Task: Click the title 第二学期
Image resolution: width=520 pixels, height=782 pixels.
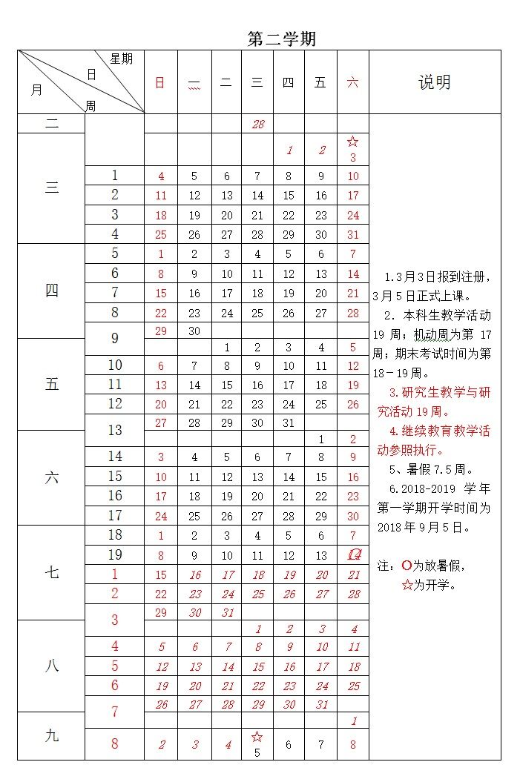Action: tap(281, 39)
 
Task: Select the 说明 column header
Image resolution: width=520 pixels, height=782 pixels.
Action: tap(434, 82)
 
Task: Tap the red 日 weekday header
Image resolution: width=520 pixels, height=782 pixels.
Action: tap(160, 82)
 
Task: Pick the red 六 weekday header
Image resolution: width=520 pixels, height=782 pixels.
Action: tap(352, 82)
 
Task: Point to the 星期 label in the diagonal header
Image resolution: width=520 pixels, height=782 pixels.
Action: tap(121, 59)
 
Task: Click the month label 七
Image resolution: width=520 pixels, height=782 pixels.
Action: tap(51, 572)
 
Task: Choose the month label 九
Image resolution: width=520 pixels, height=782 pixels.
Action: tap(51, 735)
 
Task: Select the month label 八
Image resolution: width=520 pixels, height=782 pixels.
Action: tap(51, 666)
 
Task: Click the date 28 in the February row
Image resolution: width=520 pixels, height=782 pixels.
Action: tap(257, 124)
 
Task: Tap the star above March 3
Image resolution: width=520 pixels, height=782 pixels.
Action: tap(353, 142)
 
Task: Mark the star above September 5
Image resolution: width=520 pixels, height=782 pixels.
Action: tap(257, 737)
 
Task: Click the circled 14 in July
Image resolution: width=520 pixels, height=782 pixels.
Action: tap(354, 554)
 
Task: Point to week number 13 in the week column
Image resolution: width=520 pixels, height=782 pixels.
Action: tap(115, 430)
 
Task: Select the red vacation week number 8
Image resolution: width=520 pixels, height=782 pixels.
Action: tap(115, 743)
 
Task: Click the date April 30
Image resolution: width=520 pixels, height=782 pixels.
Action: tap(194, 331)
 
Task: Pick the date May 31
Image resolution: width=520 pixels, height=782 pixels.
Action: tap(289, 423)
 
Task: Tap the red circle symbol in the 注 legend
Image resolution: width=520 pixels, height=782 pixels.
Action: tap(407, 566)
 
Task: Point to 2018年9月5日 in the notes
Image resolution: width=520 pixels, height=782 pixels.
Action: tap(415, 527)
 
